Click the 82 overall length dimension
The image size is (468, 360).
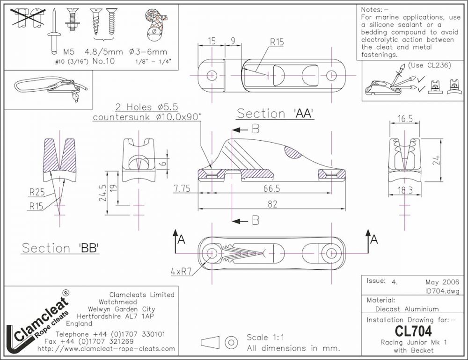[272, 204]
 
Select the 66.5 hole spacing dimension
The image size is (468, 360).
[271, 188]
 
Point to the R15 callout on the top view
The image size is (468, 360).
[277, 42]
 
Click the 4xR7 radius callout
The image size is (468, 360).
[181, 271]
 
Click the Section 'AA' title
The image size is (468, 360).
[275, 114]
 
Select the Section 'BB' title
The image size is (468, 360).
[61, 248]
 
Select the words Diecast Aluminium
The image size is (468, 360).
[407, 309]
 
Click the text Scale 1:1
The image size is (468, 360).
[265, 338]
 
